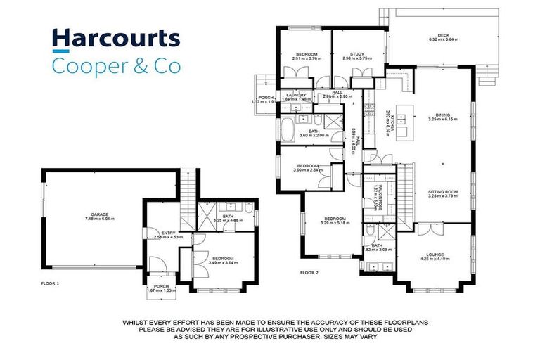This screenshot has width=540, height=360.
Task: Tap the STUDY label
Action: tap(358, 54)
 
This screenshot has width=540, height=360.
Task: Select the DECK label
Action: tap(442, 35)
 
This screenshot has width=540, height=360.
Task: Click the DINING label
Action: tap(442, 115)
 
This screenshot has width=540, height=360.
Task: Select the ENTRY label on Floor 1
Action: tap(168, 232)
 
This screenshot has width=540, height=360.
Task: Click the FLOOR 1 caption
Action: tap(51, 283)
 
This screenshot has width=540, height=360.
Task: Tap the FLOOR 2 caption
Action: tap(309, 271)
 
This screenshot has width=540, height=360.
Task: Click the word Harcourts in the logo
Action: tap(116, 39)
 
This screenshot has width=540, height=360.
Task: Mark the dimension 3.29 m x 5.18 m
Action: tap(335, 224)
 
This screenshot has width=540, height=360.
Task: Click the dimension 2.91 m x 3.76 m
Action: tap(307, 59)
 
